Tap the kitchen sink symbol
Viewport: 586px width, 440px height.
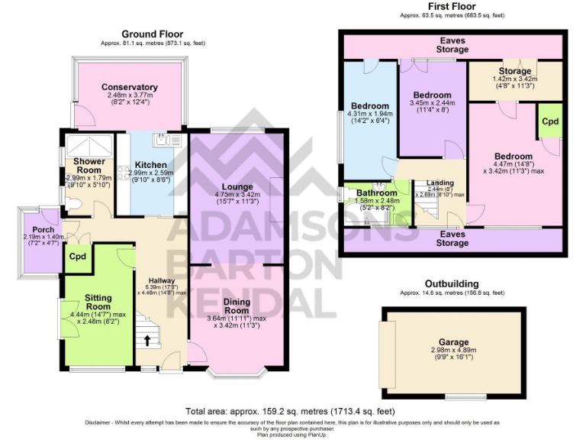point(165,139)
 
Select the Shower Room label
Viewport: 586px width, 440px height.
point(89,166)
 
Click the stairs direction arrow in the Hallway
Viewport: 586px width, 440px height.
point(146,338)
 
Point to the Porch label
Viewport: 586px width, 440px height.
point(37,228)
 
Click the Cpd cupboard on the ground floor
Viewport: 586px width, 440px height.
point(77,257)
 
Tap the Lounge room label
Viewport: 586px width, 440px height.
point(237,186)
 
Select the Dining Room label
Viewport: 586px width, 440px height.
point(237,306)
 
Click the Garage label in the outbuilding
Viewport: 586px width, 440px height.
point(454,342)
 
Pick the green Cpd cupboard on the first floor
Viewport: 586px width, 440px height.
point(549,121)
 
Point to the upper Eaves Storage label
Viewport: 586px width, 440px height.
point(452,45)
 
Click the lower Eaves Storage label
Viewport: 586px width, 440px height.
point(452,238)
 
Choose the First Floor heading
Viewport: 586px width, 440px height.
point(452,6)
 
